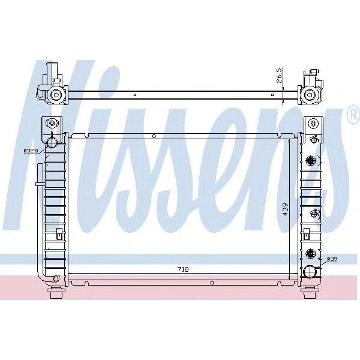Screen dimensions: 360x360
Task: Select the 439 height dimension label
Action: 286,209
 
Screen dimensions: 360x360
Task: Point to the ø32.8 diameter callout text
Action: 32,151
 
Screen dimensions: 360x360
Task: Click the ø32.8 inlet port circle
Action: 52,142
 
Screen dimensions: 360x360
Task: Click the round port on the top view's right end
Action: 310,94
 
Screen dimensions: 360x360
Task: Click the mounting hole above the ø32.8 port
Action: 52,124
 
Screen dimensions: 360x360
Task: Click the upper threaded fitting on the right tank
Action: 311,160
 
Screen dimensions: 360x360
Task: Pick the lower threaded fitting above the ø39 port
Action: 311,253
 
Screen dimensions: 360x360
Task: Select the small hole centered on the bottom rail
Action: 212,282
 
